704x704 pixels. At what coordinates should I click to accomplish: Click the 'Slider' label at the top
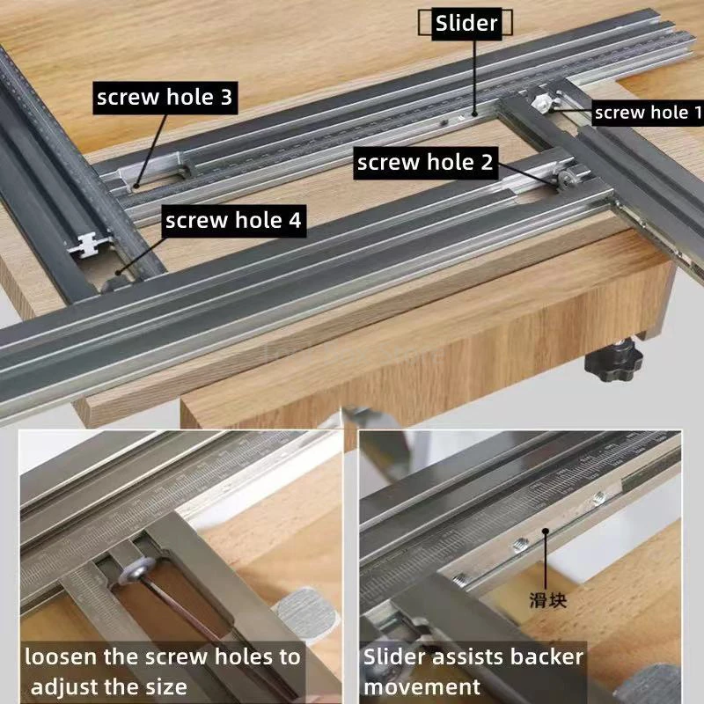pos(466,24)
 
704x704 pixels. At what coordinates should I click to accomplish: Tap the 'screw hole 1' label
pos(648,113)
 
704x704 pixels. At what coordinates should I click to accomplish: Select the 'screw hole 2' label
pos(426,162)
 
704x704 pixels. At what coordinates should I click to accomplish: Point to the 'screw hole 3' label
pos(165,98)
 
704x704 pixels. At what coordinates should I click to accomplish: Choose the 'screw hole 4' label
pos(233,221)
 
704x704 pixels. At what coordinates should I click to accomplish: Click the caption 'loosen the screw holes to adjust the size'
pos(162,671)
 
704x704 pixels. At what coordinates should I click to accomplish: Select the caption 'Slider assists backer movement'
pos(473,671)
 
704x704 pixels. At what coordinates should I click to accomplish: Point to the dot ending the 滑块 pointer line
pos(546,531)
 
